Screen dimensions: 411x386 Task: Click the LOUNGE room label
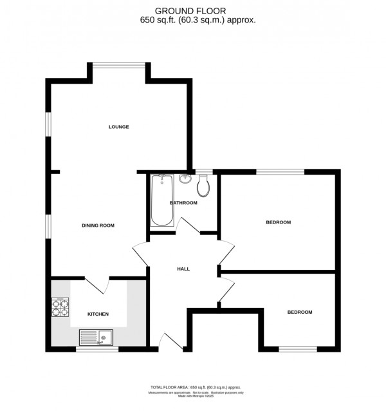[x=118, y=127]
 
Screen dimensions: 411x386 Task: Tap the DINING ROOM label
[x=98, y=225]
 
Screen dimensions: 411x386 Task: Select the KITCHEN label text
[x=98, y=314]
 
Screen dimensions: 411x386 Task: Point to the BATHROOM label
[x=183, y=203]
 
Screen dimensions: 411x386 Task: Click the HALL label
[x=183, y=269]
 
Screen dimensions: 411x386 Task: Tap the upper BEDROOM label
[x=279, y=223]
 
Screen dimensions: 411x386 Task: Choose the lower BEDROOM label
[x=299, y=312]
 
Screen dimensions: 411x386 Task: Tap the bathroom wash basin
[x=185, y=178]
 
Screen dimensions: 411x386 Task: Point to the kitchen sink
[x=95, y=337]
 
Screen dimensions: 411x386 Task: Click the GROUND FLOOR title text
[x=198, y=10]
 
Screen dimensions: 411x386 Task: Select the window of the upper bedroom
[x=280, y=171]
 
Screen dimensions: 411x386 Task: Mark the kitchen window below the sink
[x=93, y=349]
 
